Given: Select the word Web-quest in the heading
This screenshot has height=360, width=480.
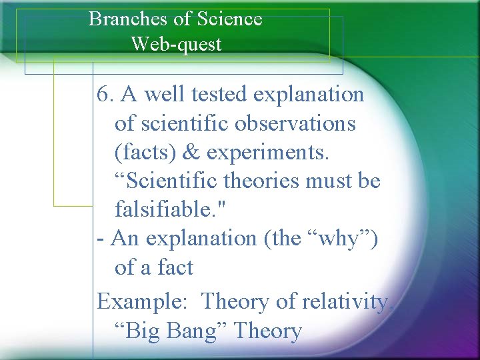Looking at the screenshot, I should tap(176, 45).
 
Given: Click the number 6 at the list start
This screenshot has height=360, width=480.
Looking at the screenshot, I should tap(103, 95).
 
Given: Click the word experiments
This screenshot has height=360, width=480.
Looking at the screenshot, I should tap(268, 153).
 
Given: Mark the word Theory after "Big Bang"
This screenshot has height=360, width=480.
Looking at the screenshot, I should tap(267, 331).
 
